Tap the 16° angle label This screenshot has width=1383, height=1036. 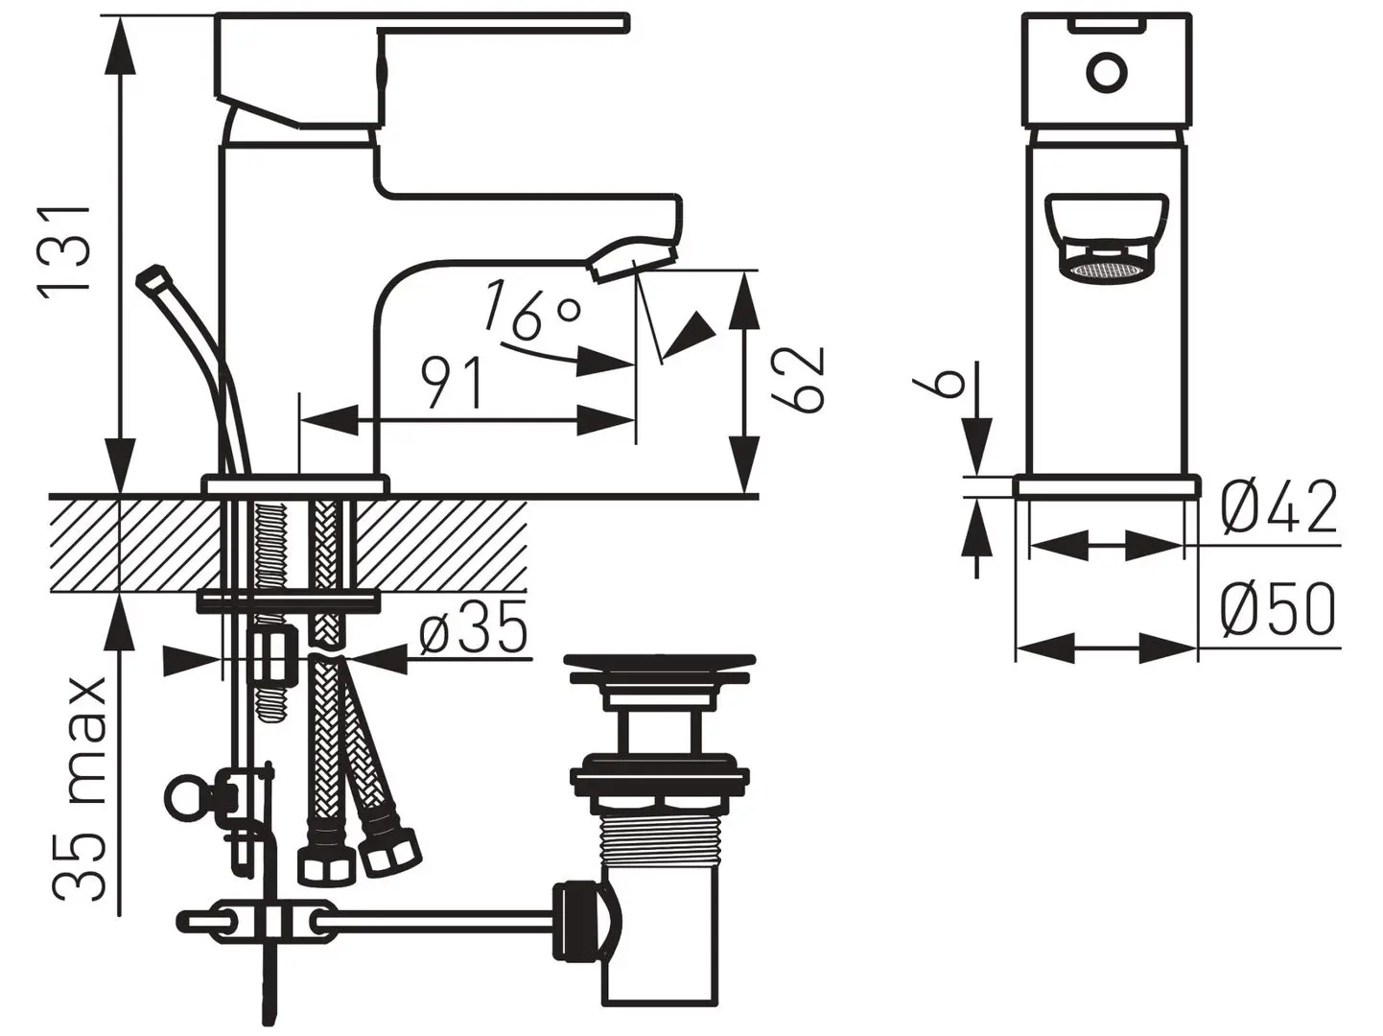click(530, 310)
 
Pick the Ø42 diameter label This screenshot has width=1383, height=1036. click(1279, 507)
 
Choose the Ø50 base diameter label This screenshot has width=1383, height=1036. click(1278, 609)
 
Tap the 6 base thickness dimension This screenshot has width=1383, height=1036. click(947, 381)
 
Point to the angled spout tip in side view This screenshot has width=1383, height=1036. click(633, 259)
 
